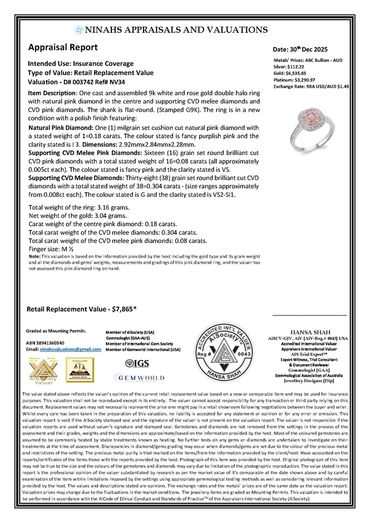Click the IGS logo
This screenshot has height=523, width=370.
(140, 363)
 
